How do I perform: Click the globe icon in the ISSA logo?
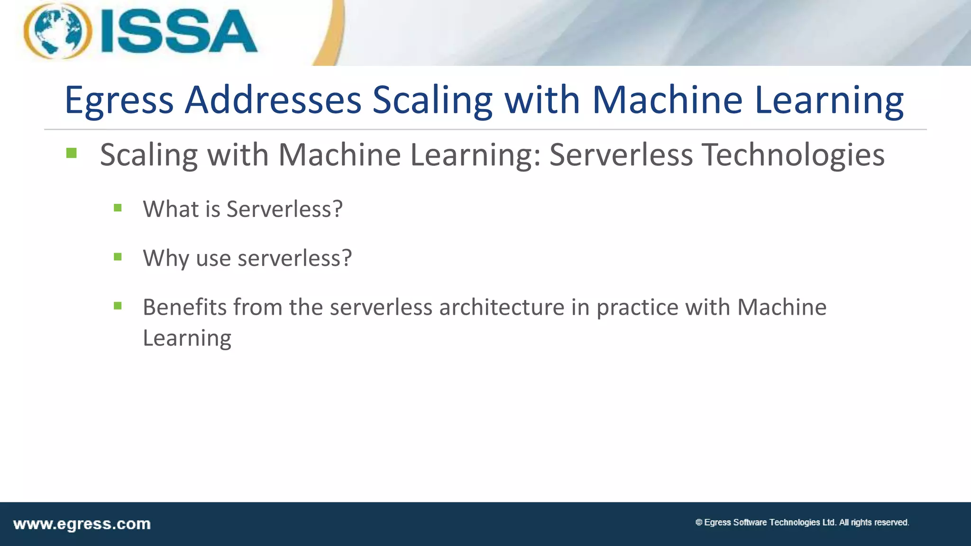point(57,31)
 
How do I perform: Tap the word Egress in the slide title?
point(119,100)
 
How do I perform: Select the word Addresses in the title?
point(273,100)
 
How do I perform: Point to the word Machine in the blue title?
point(667,100)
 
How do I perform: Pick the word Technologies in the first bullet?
point(793,155)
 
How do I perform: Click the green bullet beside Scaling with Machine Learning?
point(72,153)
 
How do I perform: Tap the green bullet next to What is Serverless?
point(118,208)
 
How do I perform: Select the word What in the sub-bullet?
point(171,209)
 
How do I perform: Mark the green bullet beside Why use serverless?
point(118,257)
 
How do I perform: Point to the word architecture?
point(502,307)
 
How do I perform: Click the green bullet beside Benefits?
point(118,306)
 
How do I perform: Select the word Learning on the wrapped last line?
point(187,338)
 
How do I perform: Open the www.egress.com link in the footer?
point(82,524)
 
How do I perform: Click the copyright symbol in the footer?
point(698,522)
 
